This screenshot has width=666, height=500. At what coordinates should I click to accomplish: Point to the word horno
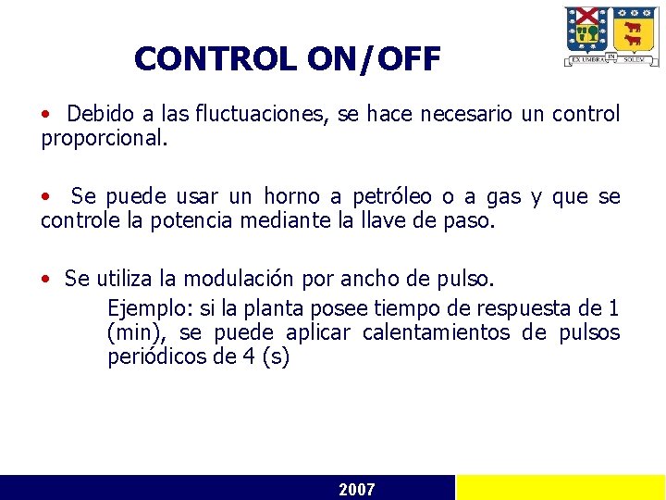click(x=291, y=196)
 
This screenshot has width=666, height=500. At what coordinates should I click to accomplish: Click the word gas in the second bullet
click(x=503, y=196)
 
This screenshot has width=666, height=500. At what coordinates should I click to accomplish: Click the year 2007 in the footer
click(x=357, y=489)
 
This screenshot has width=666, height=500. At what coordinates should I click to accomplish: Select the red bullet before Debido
click(x=45, y=115)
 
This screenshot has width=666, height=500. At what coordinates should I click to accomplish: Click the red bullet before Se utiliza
click(x=45, y=279)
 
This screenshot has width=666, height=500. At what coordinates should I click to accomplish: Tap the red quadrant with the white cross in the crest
click(x=587, y=19)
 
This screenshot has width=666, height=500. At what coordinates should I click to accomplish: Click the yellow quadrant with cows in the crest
click(x=635, y=33)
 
